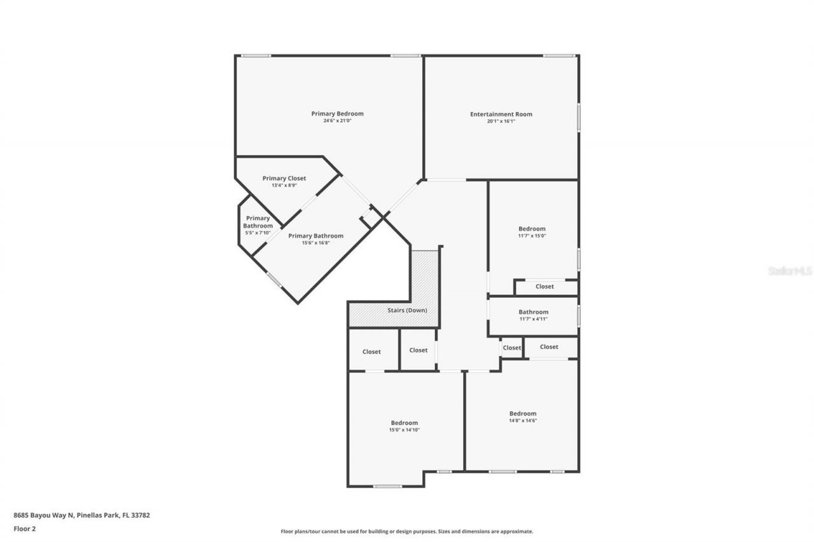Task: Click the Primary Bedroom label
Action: point(337,114)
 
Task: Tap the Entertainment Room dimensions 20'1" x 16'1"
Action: point(501,121)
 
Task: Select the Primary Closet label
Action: point(284,179)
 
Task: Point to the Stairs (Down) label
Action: point(407,310)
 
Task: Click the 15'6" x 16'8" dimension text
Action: point(316,243)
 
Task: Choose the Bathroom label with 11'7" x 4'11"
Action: point(533,312)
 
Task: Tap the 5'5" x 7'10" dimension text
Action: point(258,233)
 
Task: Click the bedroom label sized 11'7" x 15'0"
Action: point(532,229)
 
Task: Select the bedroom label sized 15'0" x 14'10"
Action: point(404,423)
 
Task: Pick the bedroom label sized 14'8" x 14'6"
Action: point(523,414)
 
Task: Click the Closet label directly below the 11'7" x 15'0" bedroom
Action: point(544,287)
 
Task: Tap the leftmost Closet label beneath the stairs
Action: point(371,352)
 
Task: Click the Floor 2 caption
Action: point(25,528)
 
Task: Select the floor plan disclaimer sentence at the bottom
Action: point(407,531)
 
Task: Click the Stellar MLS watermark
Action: point(790,271)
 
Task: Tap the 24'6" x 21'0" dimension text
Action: point(337,121)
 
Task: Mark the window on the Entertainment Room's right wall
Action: point(578,118)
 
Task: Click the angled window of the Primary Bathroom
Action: point(274,280)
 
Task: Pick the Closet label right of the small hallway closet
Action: point(549,347)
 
